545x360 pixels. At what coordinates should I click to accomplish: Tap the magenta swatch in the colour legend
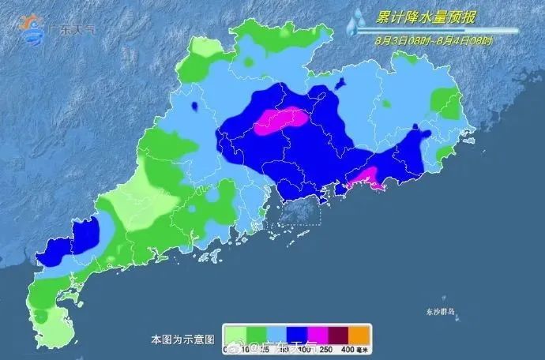coord(314,332)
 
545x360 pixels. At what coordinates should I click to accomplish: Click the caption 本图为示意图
coord(182,339)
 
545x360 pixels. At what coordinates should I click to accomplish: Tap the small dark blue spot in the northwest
coord(195,104)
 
